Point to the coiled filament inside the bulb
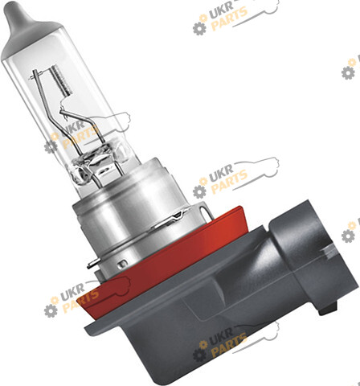point(61,80)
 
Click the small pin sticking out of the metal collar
point(92,265)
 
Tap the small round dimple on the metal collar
point(122,264)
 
